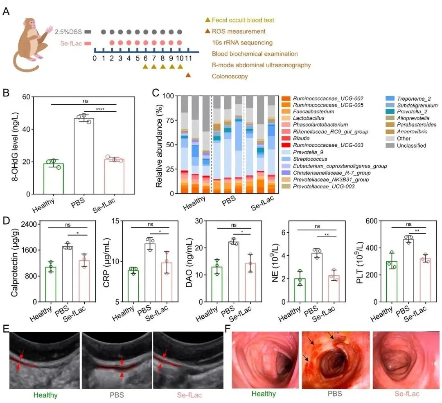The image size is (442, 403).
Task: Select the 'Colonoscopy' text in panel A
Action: coord(230,76)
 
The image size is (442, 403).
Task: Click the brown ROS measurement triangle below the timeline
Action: coord(188,74)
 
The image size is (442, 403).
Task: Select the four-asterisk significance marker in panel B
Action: coord(100,109)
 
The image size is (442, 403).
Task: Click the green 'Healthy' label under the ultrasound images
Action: coord(45,395)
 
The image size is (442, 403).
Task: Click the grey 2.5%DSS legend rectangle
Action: coord(88,32)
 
